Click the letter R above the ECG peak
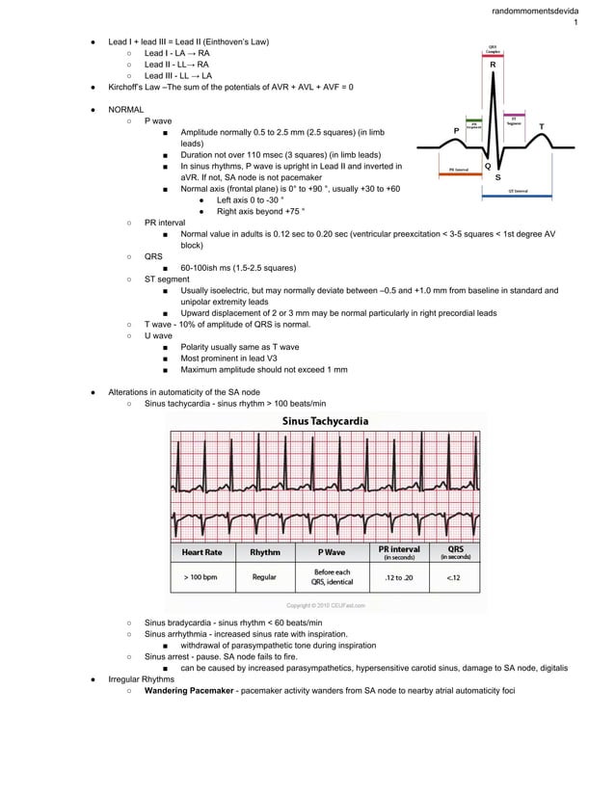493,66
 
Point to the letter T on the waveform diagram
541,126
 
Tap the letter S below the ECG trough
497,177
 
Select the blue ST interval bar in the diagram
517,196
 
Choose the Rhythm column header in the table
264,552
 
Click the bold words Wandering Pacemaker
189,691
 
